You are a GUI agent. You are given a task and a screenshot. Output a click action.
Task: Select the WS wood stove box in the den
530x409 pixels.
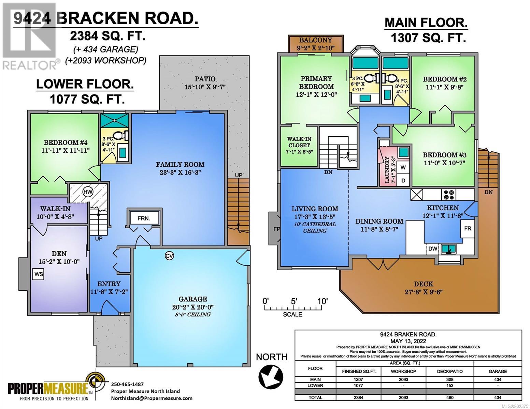coord(39,274)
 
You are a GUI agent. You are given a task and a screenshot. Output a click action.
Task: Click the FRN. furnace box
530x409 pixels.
coord(144,218)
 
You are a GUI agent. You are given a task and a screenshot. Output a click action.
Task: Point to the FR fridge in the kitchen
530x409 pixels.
coord(467,228)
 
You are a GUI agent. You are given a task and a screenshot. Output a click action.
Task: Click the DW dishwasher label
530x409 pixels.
coord(432,249)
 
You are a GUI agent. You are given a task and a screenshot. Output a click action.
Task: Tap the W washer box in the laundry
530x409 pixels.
coord(403,167)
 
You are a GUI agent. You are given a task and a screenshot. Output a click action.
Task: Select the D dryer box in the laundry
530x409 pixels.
coord(403,181)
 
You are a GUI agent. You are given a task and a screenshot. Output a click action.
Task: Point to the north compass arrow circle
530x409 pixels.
coord(271,376)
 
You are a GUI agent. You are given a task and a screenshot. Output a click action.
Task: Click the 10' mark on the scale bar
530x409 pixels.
coord(322,301)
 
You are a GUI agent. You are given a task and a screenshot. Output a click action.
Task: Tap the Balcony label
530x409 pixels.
coord(316,40)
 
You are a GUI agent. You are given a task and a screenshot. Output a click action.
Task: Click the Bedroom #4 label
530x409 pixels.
coord(66,142)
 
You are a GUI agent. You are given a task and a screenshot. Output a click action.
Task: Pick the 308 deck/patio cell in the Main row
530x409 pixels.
coord(450,379)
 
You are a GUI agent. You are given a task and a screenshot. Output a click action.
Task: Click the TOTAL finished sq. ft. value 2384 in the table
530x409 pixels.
coord(359,397)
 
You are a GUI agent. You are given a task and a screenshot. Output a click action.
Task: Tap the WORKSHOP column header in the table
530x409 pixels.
coord(403,371)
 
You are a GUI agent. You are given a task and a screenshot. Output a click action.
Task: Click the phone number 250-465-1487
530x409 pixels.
coord(127,384)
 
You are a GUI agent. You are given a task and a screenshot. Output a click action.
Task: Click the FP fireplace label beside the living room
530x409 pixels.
coord(276,229)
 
